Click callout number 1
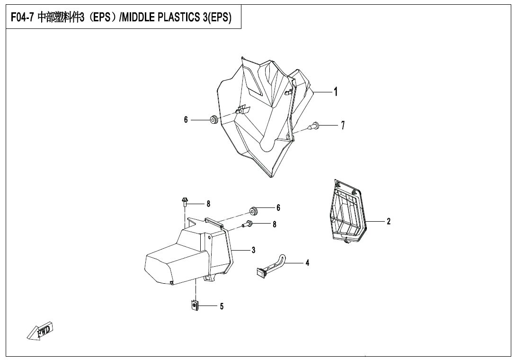[x=336, y=92]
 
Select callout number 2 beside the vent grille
[x=389, y=221]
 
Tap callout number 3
[x=254, y=250]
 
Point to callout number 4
[x=307, y=262]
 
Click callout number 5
[x=222, y=306]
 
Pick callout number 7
[x=343, y=126]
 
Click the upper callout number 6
[x=186, y=120]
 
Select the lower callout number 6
[x=278, y=207]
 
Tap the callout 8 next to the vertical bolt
[x=208, y=204]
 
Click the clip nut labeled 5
[x=195, y=306]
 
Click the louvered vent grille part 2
[x=347, y=212]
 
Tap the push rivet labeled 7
[x=314, y=126]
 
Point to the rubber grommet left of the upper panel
[x=214, y=120]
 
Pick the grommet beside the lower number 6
[x=253, y=210]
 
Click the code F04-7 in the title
[x=23, y=18]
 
